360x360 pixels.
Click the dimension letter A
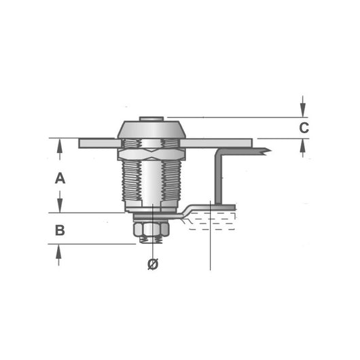pos(60,179)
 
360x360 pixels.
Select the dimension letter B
pos(60,230)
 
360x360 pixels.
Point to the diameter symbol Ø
pos(152,265)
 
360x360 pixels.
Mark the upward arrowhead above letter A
pos(60,145)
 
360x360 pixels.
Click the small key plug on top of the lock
pos(152,119)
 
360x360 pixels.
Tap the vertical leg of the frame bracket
pos(217,177)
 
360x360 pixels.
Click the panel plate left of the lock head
pos(98,143)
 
